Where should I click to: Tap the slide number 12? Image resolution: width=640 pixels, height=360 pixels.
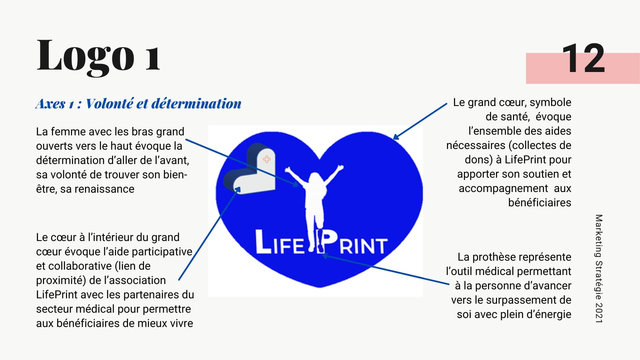(x=583, y=59)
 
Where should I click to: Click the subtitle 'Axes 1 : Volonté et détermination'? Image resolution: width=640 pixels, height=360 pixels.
(x=138, y=104)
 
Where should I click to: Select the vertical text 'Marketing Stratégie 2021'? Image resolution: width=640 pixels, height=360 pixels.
(x=599, y=268)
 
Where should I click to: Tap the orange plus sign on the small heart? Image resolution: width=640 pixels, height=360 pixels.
(x=267, y=159)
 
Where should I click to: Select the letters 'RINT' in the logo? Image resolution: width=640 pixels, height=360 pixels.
(x=363, y=246)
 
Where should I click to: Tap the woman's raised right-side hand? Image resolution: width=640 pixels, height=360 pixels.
(x=340, y=167)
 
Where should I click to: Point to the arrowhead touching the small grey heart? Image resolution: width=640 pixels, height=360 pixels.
(x=237, y=190)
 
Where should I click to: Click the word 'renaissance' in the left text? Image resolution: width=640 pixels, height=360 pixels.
(x=104, y=189)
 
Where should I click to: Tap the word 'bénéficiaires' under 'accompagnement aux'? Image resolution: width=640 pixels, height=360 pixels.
(x=540, y=202)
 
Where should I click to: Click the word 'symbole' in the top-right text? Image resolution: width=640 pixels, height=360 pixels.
(x=550, y=103)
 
